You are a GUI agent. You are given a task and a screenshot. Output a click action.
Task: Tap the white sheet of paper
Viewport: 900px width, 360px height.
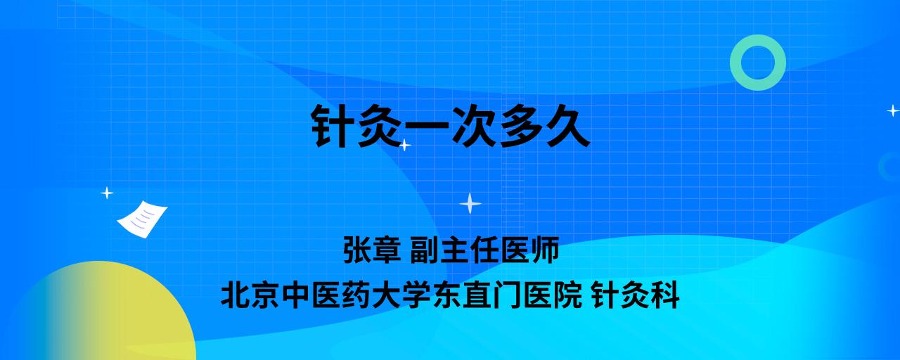point(142,219)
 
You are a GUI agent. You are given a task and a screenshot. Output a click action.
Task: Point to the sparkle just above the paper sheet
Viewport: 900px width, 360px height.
point(107,193)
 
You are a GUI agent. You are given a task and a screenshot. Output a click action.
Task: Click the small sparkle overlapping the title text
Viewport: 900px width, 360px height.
point(404,145)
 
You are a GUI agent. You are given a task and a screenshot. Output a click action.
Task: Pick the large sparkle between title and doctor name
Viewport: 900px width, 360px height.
point(470,204)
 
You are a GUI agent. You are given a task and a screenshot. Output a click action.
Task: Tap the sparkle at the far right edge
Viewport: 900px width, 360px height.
point(893,110)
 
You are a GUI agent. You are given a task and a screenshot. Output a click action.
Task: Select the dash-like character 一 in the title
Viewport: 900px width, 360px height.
point(427,126)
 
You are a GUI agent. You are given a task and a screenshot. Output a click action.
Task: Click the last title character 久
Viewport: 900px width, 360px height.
point(567,126)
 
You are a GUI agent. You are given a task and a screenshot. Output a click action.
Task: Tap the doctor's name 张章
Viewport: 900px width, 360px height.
point(372,250)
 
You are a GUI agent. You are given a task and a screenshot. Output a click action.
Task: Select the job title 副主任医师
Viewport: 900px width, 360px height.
point(484,250)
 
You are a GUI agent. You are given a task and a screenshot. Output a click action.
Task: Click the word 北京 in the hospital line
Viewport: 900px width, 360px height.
point(250,295)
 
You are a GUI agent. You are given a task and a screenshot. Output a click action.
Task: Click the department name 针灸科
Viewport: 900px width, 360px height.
point(636,295)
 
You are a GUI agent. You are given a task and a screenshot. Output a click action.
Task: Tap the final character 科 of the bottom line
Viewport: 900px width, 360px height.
point(665,295)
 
